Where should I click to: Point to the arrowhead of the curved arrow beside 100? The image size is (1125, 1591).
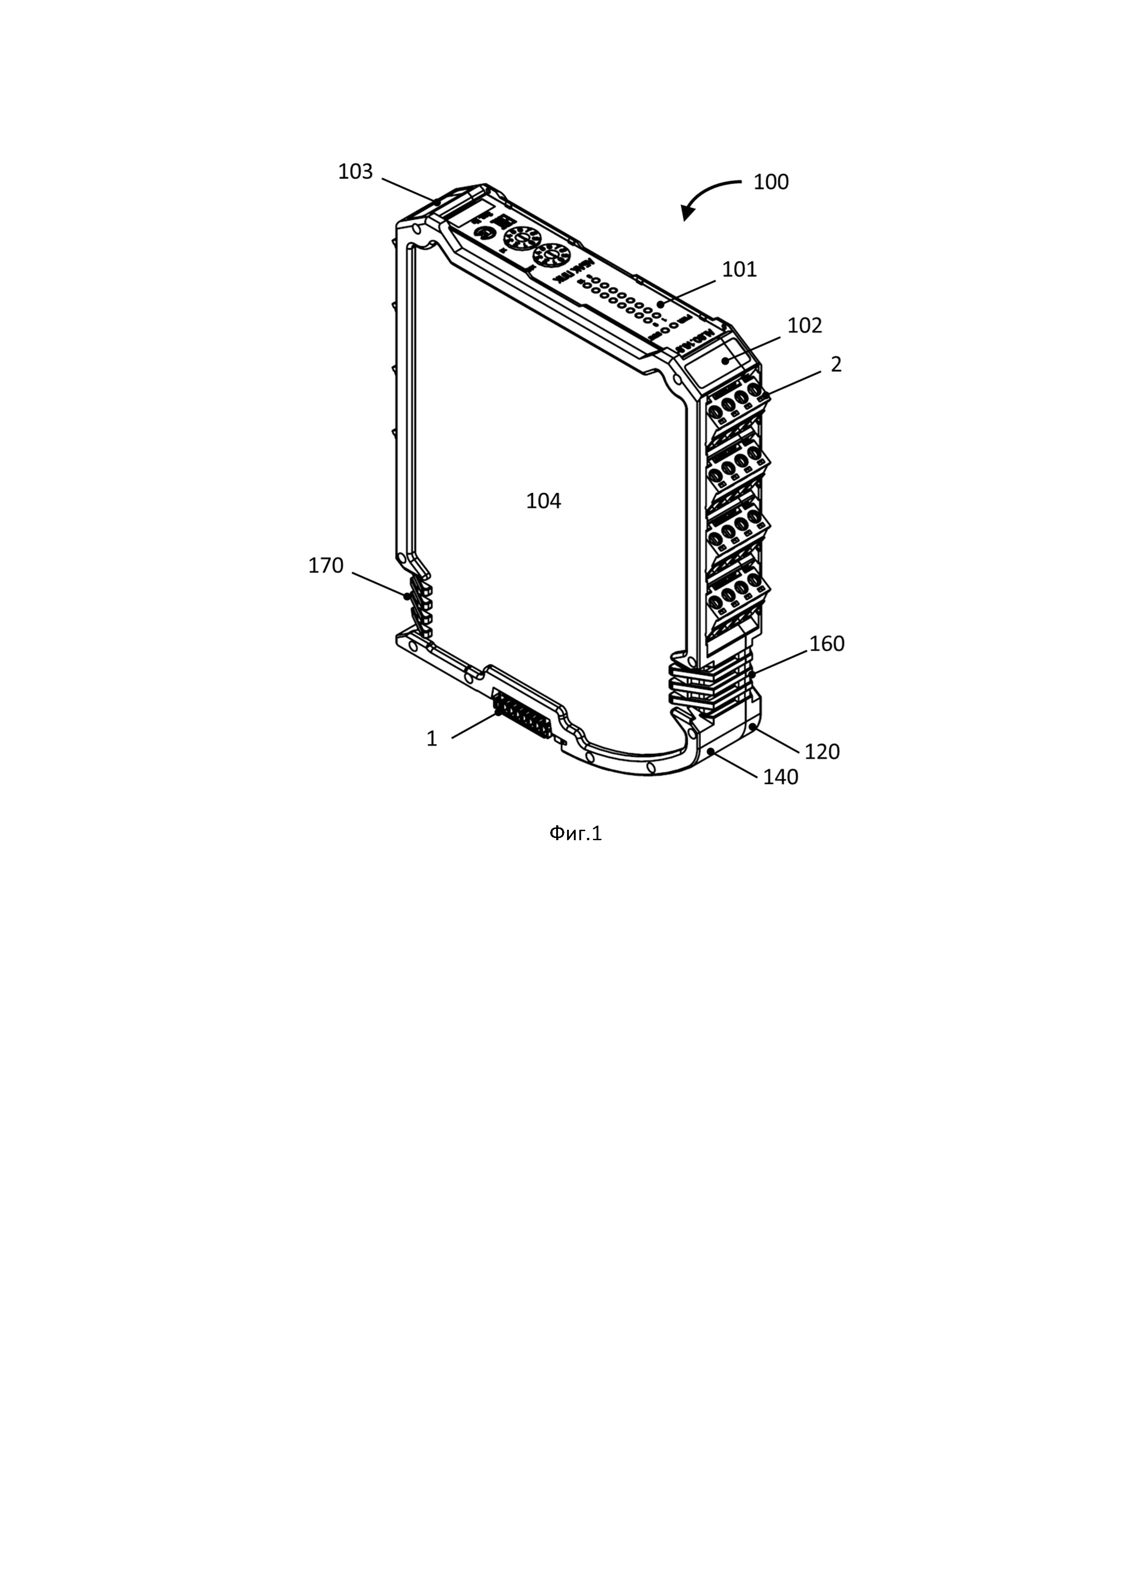point(686,215)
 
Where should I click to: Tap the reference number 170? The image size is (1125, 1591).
point(326,566)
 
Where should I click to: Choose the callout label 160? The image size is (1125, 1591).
point(827,644)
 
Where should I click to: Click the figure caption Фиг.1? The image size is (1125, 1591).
point(576,834)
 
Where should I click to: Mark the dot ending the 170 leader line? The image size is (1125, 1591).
point(407,595)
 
